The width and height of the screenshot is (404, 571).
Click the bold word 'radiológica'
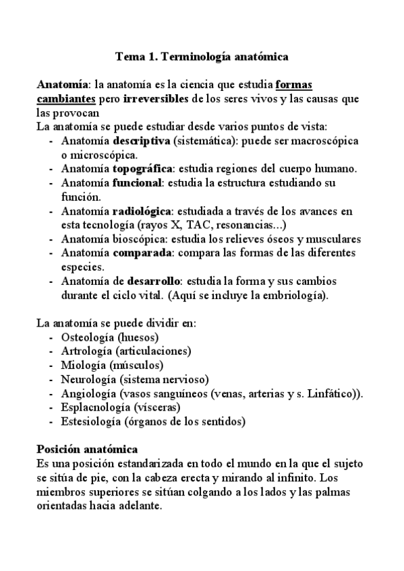click(x=142, y=211)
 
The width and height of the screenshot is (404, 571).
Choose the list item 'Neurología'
click(x=87, y=379)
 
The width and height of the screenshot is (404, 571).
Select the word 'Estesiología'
click(x=90, y=422)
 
